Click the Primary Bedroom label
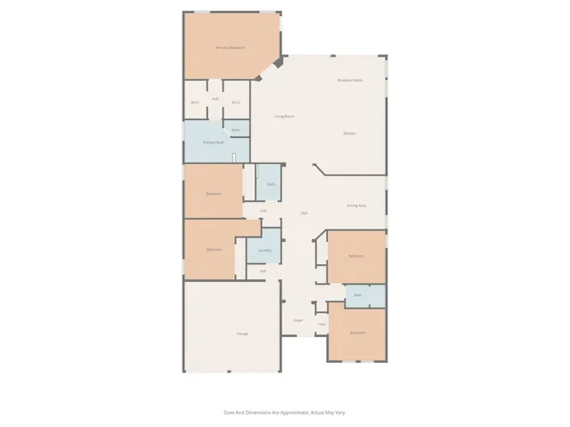(230, 48)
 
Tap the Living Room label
(284, 117)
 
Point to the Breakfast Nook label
(349, 80)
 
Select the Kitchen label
(349, 133)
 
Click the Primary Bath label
(212, 141)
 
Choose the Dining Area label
(357, 206)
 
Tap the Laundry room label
(265, 251)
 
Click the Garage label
(242, 334)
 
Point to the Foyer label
(297, 320)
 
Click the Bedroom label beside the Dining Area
(356, 255)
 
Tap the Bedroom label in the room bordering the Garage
(214, 250)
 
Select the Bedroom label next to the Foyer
(357, 334)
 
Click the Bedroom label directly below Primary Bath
(214, 193)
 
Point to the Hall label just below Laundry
(264, 270)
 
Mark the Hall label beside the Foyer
(322, 324)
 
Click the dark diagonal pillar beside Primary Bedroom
(278, 63)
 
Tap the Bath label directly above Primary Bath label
(235, 130)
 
